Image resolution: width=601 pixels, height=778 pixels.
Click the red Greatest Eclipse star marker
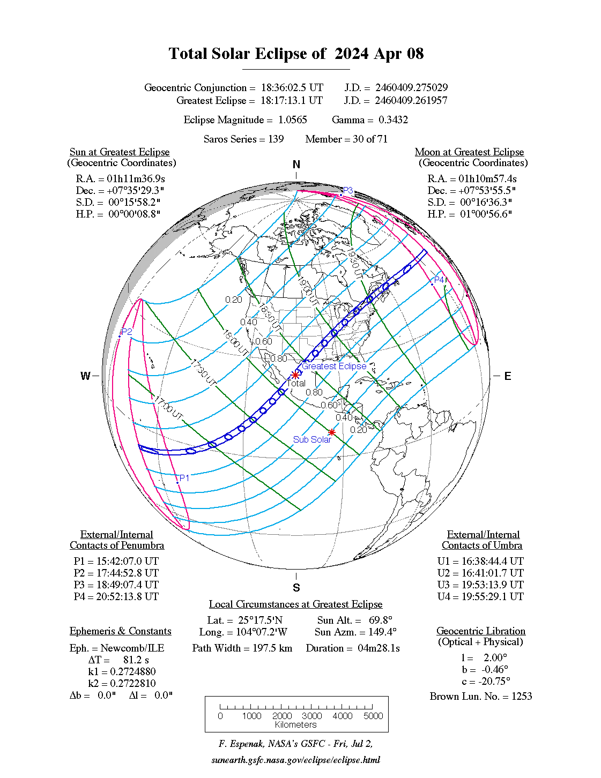coord(295,375)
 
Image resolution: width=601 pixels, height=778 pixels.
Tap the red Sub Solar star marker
coord(332,432)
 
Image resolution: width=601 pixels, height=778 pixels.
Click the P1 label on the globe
coord(184,478)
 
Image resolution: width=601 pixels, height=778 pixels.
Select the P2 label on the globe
coord(127,332)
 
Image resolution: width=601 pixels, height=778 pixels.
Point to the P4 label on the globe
coord(440,279)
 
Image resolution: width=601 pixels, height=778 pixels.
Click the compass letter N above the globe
coord(296,164)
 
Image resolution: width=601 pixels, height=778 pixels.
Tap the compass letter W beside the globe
coord(85,376)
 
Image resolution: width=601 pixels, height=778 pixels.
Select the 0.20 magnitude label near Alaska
coord(234,300)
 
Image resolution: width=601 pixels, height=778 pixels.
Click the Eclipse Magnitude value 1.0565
coord(292,119)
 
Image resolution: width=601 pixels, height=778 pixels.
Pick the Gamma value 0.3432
coord(393,119)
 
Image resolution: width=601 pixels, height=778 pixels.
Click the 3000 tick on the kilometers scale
coord(312,716)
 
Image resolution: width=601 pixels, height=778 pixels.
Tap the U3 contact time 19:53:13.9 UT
coord(492,585)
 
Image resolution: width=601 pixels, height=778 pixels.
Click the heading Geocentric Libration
coord(480,631)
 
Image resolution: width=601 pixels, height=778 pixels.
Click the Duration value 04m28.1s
coord(379,648)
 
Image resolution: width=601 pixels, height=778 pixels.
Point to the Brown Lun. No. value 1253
coord(522,696)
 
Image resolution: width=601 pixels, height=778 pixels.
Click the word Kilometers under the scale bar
coord(296,724)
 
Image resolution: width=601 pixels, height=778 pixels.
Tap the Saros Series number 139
coord(276,139)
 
